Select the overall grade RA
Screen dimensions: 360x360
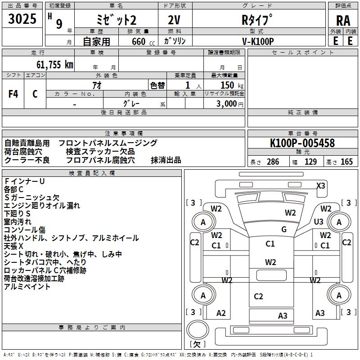click(x=343, y=21)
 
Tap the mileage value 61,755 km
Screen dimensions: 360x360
click(x=54, y=64)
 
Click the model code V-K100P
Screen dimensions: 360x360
click(x=258, y=41)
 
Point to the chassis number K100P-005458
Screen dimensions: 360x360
click(x=302, y=143)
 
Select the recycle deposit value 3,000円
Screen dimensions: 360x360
click(x=229, y=104)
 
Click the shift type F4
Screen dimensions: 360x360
click(x=13, y=94)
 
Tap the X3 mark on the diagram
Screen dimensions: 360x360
click(x=321, y=185)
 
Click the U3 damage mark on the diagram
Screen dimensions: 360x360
click(x=319, y=221)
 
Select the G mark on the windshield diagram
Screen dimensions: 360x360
click(x=284, y=229)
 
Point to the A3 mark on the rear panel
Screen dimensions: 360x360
click(x=283, y=315)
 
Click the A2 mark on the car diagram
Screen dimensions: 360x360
click(x=221, y=313)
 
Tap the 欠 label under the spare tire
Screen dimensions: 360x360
click(x=197, y=344)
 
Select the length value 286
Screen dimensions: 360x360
click(x=273, y=162)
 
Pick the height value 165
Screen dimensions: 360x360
click(x=346, y=162)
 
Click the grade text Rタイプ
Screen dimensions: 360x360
click(x=258, y=20)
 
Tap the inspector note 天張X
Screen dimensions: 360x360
click(x=14, y=246)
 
